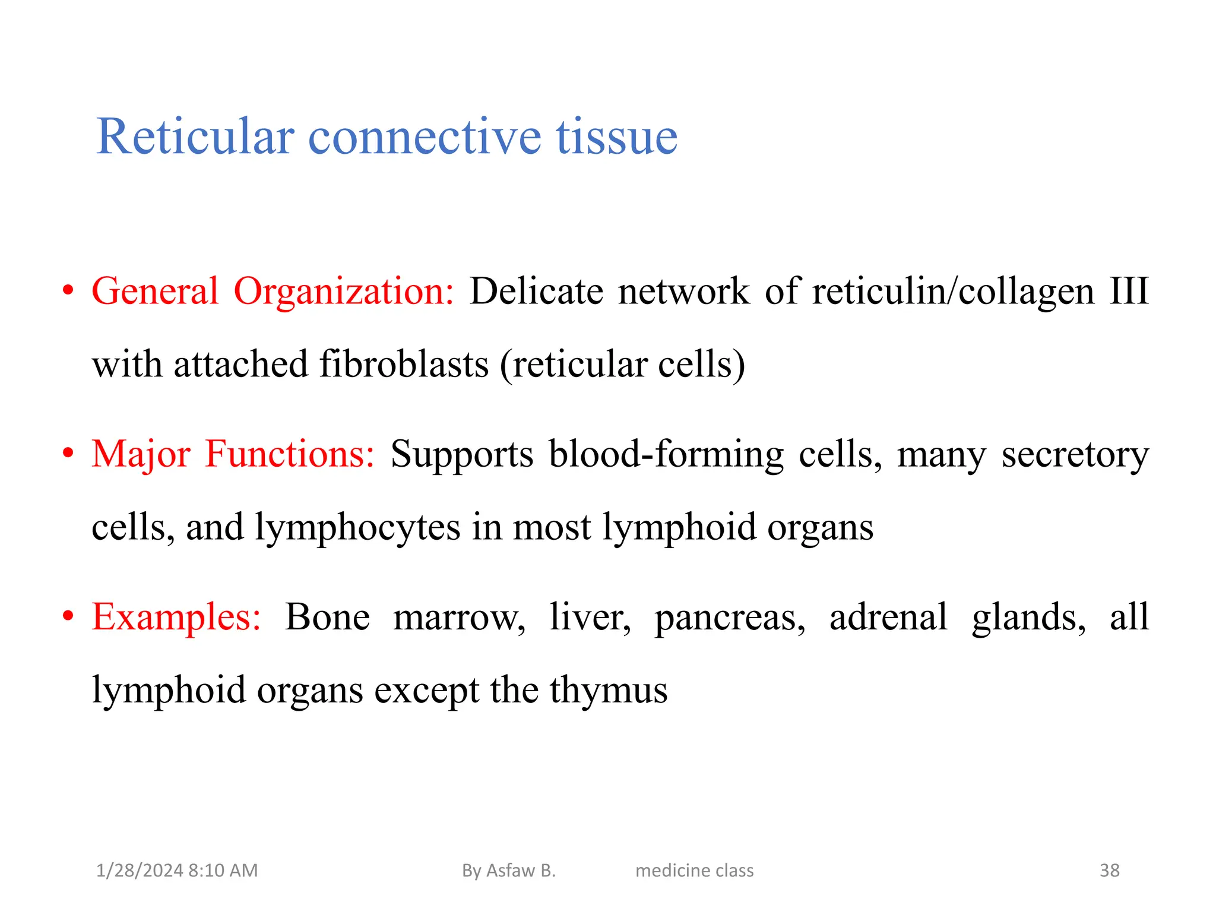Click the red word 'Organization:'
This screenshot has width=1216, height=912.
coord(344,292)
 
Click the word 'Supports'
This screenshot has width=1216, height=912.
coord(462,454)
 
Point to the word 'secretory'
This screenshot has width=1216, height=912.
coord(1075,455)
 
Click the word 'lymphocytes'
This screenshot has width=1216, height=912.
coord(357,527)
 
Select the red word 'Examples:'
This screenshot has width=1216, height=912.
coord(176,617)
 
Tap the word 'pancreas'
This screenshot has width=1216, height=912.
coord(730,618)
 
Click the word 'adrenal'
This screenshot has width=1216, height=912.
coord(888,617)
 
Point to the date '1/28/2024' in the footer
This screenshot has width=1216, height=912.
coord(140,870)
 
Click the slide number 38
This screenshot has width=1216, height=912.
coord(1109,870)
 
